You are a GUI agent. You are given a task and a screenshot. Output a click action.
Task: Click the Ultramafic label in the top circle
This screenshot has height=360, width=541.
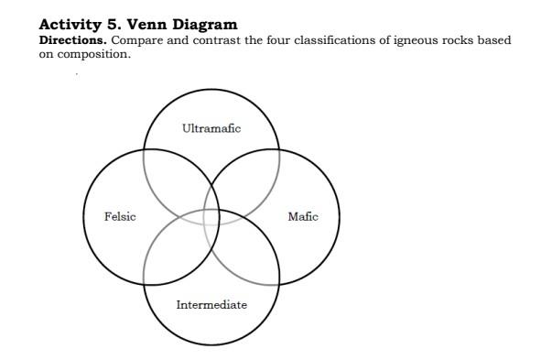coord(211,128)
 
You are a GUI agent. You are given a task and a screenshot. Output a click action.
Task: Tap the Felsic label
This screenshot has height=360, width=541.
coord(120,216)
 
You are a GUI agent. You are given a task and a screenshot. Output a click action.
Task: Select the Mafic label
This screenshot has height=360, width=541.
coord(303,216)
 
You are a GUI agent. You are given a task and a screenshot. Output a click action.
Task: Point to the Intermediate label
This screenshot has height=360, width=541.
coord(211,304)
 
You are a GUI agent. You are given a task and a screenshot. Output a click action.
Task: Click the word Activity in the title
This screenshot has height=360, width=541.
coord(70,25)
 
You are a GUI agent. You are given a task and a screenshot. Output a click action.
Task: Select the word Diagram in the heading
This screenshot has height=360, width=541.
coord(205,25)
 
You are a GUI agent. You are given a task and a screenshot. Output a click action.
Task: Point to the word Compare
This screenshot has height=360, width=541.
coord(137,40)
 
